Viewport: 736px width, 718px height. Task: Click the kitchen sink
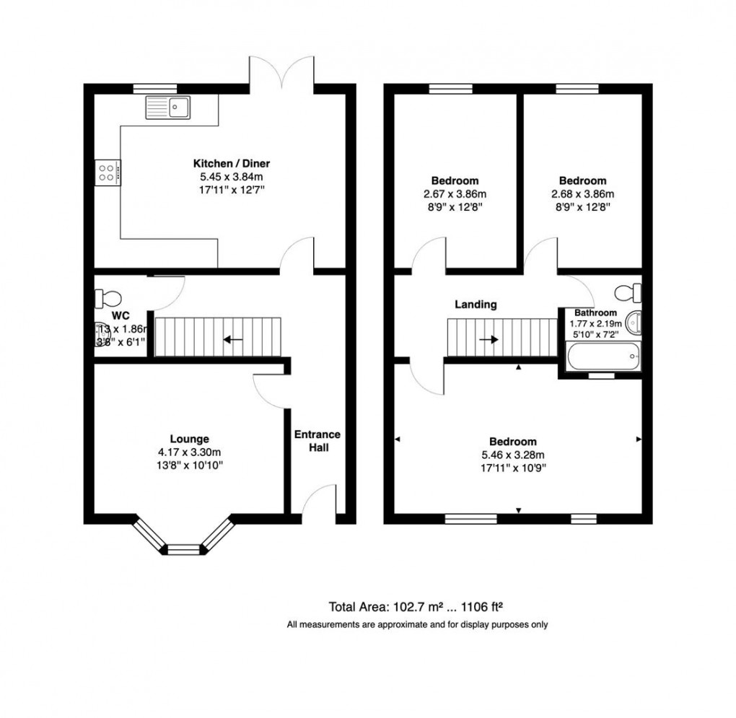pos(167,108)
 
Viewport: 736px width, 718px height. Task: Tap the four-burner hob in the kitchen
pos(108,172)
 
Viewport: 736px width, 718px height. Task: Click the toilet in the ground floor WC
pos(108,297)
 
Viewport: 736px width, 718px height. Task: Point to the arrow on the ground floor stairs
pos(232,338)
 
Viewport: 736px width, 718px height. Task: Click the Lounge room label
pos(190,438)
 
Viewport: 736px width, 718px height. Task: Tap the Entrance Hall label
pos(317,441)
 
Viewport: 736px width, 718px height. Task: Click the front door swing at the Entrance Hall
pos(320,500)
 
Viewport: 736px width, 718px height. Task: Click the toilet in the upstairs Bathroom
pos(627,292)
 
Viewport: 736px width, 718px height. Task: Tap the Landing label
pos(475,305)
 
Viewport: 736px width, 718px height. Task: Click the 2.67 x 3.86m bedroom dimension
pos(455,193)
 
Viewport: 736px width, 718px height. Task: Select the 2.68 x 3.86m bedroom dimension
pos(582,193)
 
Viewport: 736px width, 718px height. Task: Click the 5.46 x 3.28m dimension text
pos(513,455)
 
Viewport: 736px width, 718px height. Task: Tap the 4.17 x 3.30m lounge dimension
pos(190,452)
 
